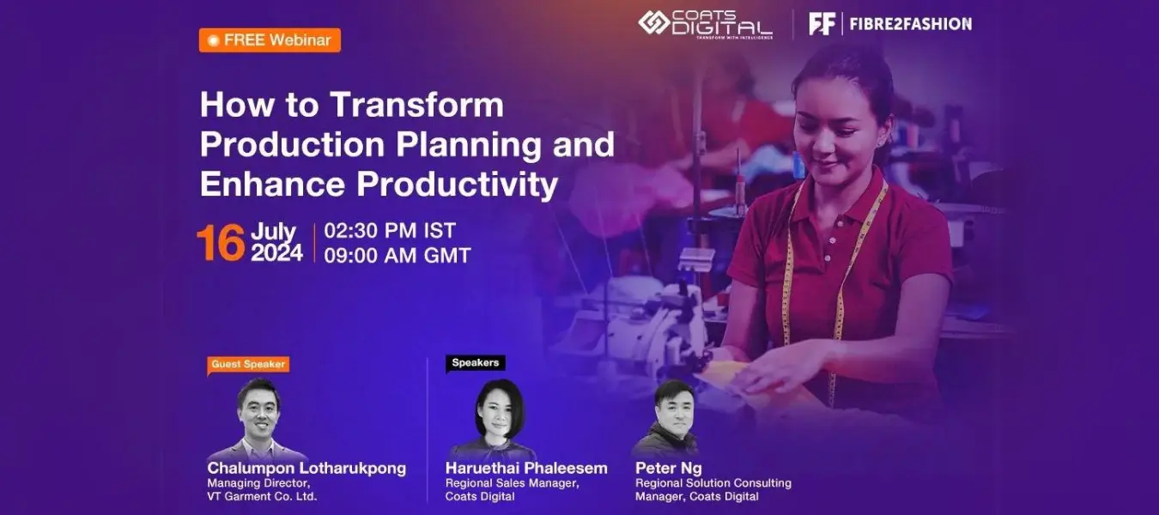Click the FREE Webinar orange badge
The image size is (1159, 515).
270,40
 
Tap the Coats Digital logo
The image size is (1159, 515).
704,24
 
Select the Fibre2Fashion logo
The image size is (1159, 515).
890,24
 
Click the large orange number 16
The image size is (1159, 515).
221,243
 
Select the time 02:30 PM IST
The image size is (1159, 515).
390,231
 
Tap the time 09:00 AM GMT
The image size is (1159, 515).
397,255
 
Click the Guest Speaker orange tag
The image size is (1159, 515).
247,364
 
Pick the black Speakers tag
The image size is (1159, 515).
475,363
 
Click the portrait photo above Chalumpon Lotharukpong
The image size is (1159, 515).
258,419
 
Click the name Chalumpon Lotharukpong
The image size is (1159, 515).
306,468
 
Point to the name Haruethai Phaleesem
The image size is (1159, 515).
525,468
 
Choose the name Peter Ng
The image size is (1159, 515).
668,468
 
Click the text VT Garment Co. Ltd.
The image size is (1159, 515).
262,496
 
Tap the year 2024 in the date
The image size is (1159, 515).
276,253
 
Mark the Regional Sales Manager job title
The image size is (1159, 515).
512,483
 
